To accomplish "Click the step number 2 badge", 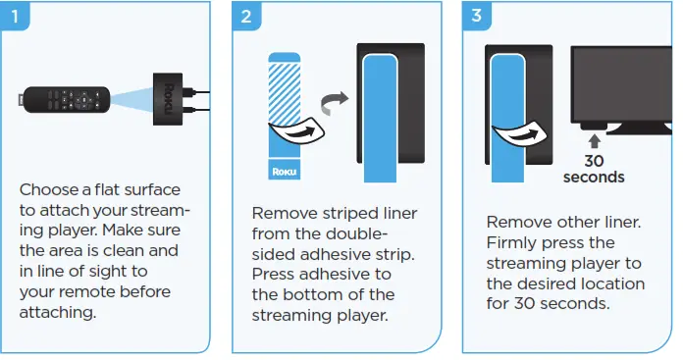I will [x=245, y=16].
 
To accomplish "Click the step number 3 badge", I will [x=477, y=16].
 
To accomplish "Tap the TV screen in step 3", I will [x=623, y=83].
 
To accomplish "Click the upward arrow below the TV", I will [x=594, y=141].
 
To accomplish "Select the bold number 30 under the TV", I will [x=594, y=161].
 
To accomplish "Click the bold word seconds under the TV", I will [x=594, y=178].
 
